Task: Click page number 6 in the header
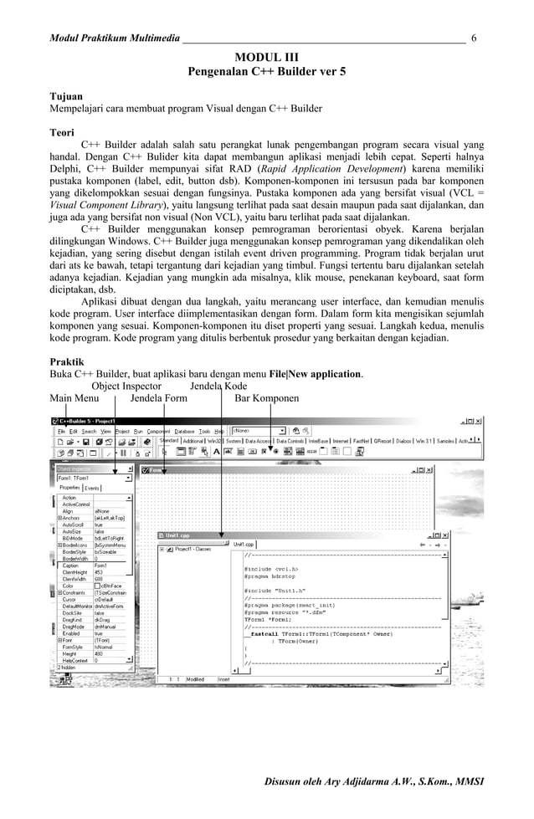[475, 38]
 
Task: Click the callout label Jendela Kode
[218, 386]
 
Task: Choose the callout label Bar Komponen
[266, 398]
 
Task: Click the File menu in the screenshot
[62, 432]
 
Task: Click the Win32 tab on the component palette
[214, 440]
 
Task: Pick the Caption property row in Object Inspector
[70, 566]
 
